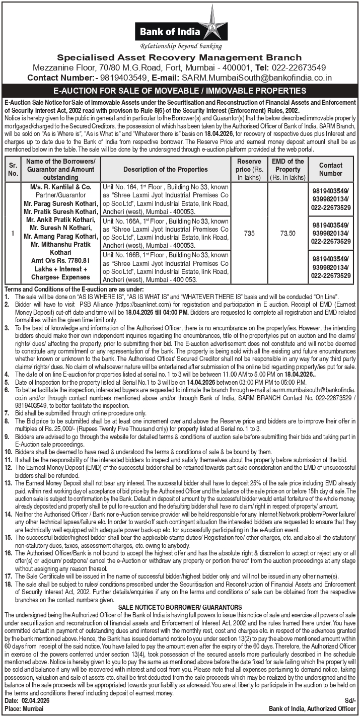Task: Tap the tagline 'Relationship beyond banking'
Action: click(x=181, y=46)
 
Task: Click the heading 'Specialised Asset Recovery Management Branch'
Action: click(x=179, y=57)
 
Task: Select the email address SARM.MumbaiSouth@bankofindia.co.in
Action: click(x=257, y=78)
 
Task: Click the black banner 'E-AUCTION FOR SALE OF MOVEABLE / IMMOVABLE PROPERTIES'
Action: click(x=180, y=91)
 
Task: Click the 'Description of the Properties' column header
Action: click(x=166, y=169)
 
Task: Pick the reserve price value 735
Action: click(x=249, y=234)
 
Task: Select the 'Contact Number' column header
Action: click(x=330, y=169)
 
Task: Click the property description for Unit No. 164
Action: click(x=166, y=199)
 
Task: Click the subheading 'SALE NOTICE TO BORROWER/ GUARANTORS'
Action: click(x=180, y=607)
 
